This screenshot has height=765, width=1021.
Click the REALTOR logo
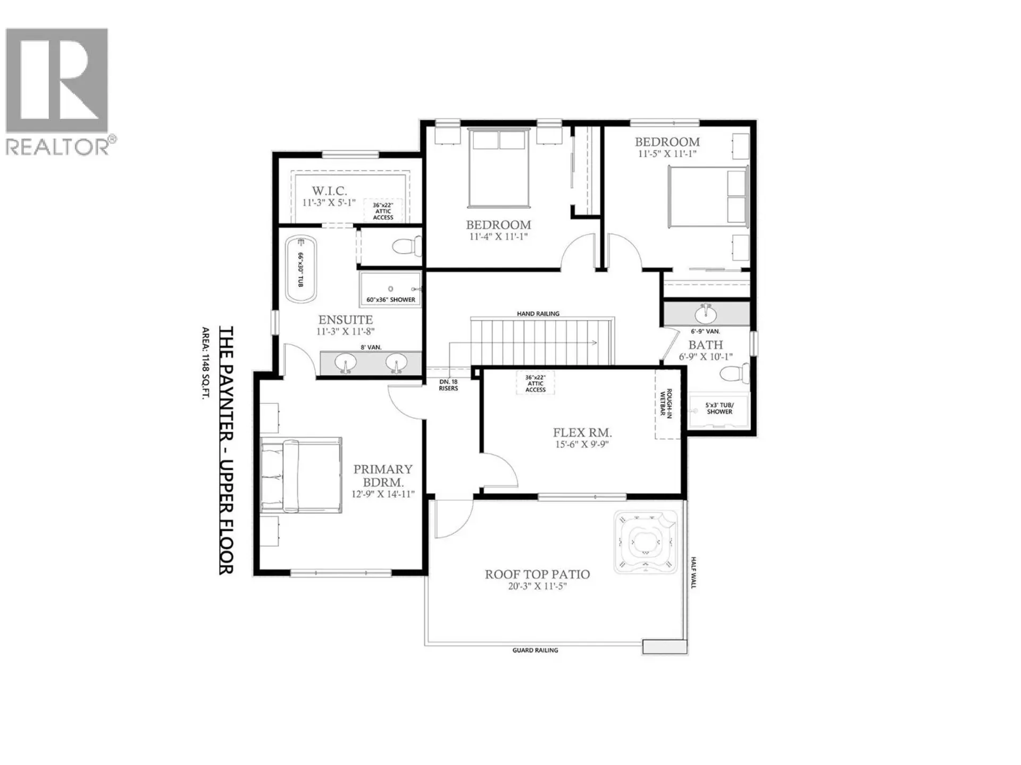(x=57, y=90)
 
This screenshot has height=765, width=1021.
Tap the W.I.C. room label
(x=329, y=191)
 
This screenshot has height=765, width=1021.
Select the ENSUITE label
(x=345, y=320)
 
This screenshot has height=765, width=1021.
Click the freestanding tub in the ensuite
(x=301, y=269)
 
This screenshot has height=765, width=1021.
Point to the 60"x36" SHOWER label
(x=391, y=300)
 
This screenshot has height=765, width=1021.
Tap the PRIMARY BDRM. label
(x=383, y=475)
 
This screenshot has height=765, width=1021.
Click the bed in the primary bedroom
(x=301, y=475)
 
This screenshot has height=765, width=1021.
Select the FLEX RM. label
(x=582, y=432)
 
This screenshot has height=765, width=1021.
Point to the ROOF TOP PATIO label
(x=537, y=574)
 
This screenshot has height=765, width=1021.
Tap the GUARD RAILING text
(x=535, y=650)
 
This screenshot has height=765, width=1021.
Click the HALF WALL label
(x=693, y=573)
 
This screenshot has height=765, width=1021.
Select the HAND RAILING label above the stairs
(x=538, y=314)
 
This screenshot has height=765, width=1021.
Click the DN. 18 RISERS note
(x=448, y=385)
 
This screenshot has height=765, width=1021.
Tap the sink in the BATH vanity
(x=706, y=314)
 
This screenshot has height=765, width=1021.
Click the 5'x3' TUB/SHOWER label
(x=719, y=409)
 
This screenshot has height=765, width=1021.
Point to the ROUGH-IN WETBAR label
(x=666, y=404)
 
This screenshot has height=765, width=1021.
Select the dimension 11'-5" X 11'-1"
(x=667, y=154)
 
